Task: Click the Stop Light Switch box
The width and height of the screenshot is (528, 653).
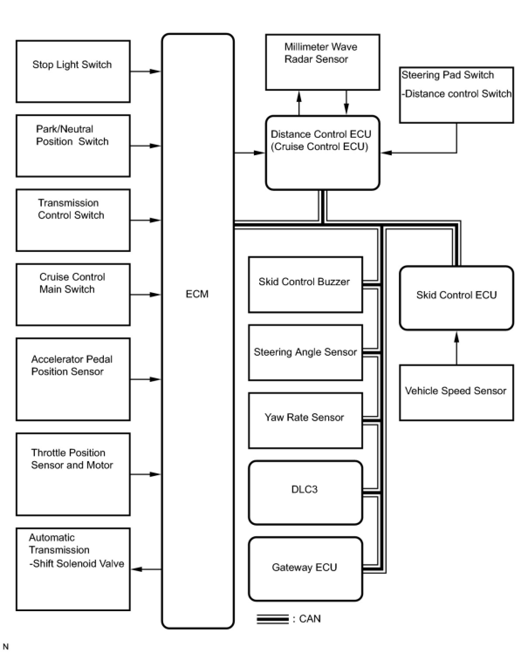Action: (x=73, y=71)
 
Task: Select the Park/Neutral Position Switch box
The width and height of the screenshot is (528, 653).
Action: (x=73, y=146)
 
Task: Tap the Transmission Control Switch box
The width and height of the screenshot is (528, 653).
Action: (x=73, y=220)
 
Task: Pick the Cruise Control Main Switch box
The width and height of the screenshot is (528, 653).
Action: (x=73, y=294)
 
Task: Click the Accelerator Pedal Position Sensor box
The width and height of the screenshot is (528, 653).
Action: (x=73, y=379)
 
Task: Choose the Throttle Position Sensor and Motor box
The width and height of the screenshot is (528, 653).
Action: (x=73, y=474)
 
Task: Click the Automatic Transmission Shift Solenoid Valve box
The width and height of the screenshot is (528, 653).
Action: (x=73, y=569)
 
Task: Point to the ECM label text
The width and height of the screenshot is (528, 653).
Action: (x=197, y=294)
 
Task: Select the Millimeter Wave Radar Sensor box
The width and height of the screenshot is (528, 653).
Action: (x=322, y=62)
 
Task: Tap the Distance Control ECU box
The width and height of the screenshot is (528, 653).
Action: (x=322, y=153)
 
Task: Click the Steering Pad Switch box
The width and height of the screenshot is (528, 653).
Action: (x=456, y=95)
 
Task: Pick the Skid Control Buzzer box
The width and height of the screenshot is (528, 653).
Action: (x=305, y=285)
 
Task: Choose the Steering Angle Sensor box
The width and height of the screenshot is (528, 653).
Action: (x=305, y=352)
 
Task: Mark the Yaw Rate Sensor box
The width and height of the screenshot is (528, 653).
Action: (x=305, y=421)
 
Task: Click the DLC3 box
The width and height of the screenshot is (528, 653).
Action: (x=305, y=493)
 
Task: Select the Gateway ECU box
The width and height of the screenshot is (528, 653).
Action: (x=305, y=569)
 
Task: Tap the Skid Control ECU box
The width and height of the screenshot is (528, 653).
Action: (x=456, y=298)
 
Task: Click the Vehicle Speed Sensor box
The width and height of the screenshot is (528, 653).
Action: (x=456, y=392)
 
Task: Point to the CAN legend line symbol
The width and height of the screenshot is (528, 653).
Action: (x=273, y=619)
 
